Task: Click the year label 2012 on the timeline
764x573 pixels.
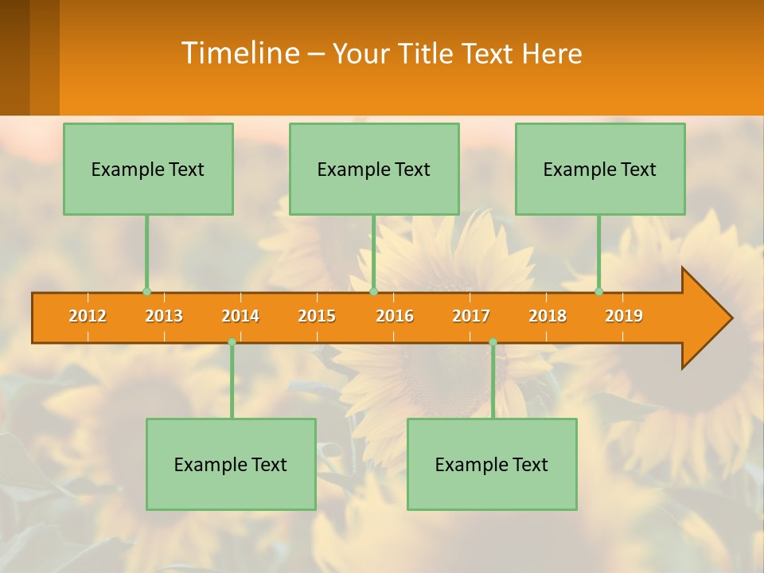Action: [x=88, y=316]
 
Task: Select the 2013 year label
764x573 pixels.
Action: [x=164, y=316]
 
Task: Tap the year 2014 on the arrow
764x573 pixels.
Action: [x=240, y=316]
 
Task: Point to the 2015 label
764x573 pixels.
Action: [x=317, y=316]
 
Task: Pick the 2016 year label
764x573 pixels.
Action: [x=395, y=316]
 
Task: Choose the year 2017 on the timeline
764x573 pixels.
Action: [x=471, y=316]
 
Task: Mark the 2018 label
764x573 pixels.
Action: [x=548, y=316]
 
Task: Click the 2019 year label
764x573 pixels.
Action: [x=624, y=316]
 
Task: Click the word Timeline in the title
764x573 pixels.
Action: [x=240, y=53]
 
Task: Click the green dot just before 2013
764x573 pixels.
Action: [x=146, y=291]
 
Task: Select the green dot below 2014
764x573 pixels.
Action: [x=232, y=342]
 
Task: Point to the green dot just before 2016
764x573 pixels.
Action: [x=373, y=291]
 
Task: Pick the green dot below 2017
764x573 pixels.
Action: [x=493, y=342]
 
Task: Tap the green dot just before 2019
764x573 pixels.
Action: [x=599, y=291]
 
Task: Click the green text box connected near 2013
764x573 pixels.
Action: [x=148, y=169]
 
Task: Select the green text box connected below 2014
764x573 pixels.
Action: [x=231, y=464]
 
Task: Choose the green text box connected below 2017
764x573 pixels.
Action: [x=492, y=464]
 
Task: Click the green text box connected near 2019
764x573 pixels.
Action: [x=600, y=169]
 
